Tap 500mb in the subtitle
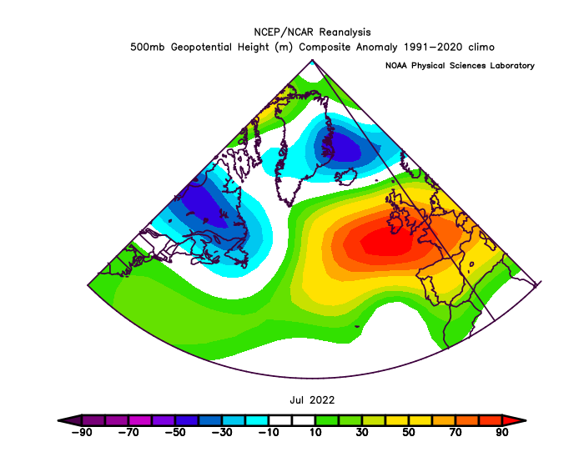[x=147, y=48]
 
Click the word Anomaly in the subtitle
[x=377, y=48]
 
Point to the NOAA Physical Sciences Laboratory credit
[x=460, y=66]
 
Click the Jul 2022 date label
[x=312, y=400]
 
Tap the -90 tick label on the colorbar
[x=82, y=432]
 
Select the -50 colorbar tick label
[x=174, y=432]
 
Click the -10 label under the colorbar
[x=268, y=432]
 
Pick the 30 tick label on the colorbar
[x=361, y=432]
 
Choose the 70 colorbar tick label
[x=456, y=432]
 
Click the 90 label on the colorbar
[x=502, y=432]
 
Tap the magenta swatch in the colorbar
[x=140, y=420]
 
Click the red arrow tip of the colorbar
[x=526, y=420]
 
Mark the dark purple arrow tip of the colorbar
[x=58, y=420]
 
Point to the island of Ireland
[x=395, y=223]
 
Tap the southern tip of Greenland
[x=289, y=206]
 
